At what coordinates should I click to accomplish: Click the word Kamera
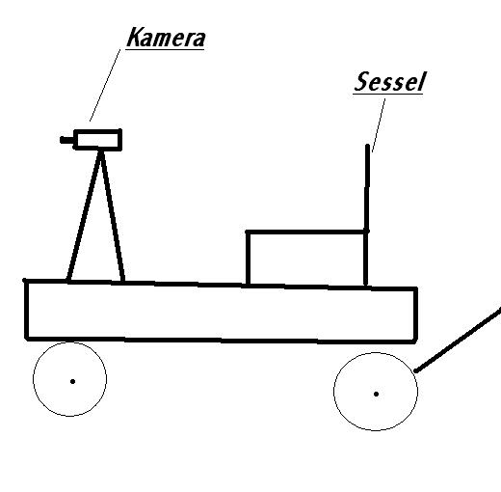point(166,38)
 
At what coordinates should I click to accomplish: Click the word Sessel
point(390,81)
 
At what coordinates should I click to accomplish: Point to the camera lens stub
point(66,140)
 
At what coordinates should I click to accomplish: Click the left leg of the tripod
point(84,216)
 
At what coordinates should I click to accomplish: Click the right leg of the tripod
point(112,216)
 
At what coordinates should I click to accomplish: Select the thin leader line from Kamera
point(105,85)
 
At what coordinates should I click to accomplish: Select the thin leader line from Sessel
point(379,125)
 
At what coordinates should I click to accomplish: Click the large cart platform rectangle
point(26,310)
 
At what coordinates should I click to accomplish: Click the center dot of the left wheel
point(72,381)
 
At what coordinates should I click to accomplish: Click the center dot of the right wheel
point(376,394)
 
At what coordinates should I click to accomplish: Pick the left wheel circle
point(34,379)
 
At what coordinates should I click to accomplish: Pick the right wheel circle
point(334,392)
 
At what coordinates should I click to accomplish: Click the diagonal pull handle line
point(458,340)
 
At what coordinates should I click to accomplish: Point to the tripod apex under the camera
point(101,151)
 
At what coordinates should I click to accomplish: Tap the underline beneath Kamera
point(165,49)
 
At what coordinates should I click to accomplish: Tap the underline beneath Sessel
point(387,94)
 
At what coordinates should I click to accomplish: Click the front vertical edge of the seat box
point(248,258)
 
